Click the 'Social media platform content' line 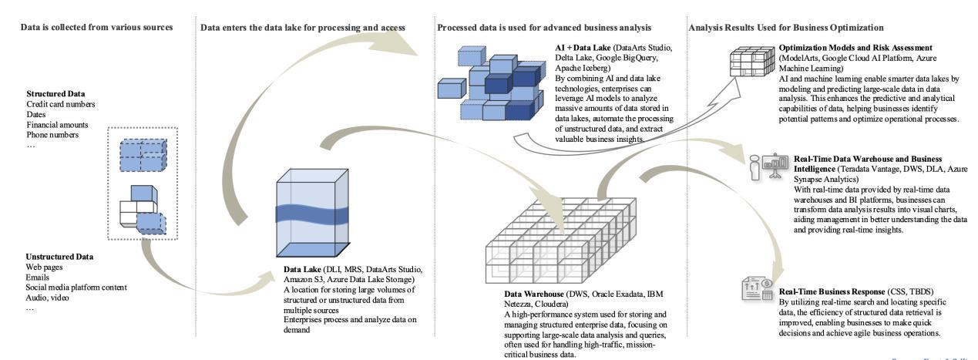[x=76, y=287]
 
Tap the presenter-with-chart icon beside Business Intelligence [x=764, y=164]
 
